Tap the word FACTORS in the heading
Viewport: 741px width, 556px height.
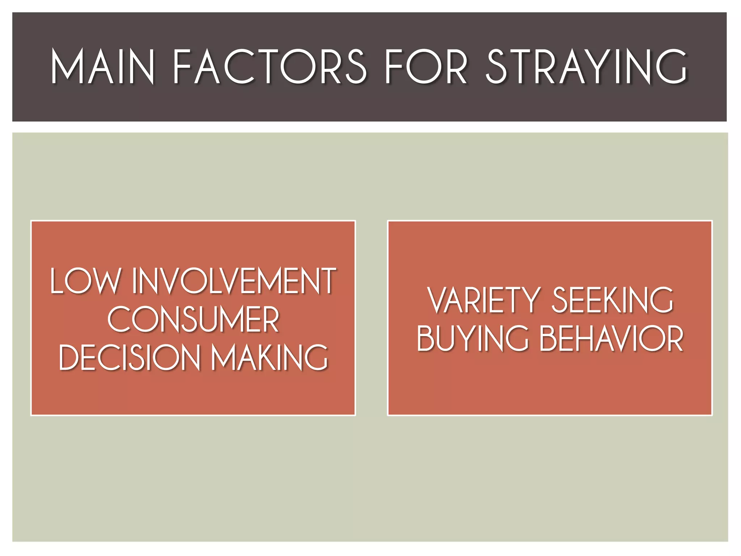270,67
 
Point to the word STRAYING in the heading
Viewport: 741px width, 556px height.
586,67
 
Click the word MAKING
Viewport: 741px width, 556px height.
270,357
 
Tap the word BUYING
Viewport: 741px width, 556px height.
472,338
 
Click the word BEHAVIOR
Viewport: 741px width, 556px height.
611,338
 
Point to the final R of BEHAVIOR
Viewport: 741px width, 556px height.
675,338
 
